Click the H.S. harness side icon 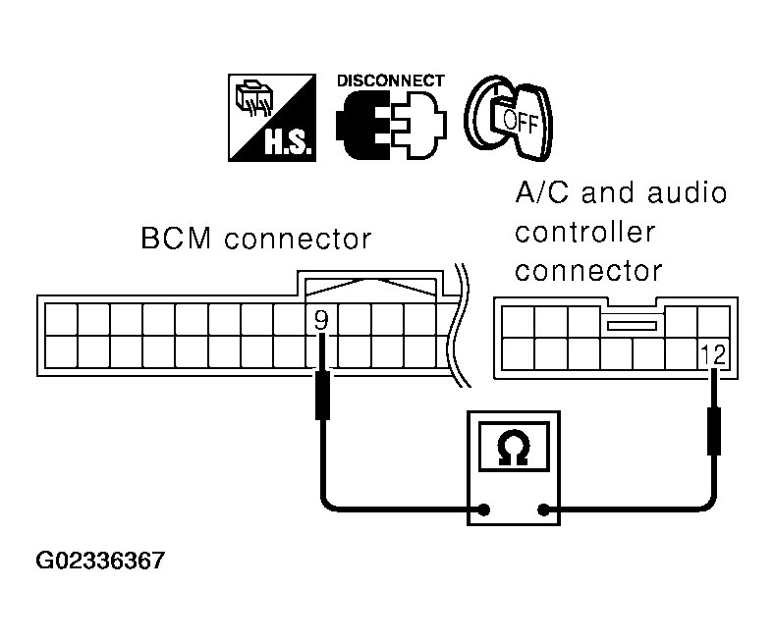(272, 118)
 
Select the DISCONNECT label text (391, 80)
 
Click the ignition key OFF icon (509, 118)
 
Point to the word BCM (176, 238)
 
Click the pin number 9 (321, 320)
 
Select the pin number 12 (713, 354)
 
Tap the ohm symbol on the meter (514, 447)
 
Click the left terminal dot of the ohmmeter (484, 509)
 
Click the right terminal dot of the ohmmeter (543, 509)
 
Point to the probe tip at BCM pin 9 (322, 335)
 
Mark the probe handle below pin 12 (714, 431)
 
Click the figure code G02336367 (100, 561)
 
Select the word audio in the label (687, 192)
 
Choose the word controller (585, 232)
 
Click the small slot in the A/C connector (633, 326)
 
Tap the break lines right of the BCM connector (459, 325)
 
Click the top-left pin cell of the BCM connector (61, 319)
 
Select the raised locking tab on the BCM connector (370, 284)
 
